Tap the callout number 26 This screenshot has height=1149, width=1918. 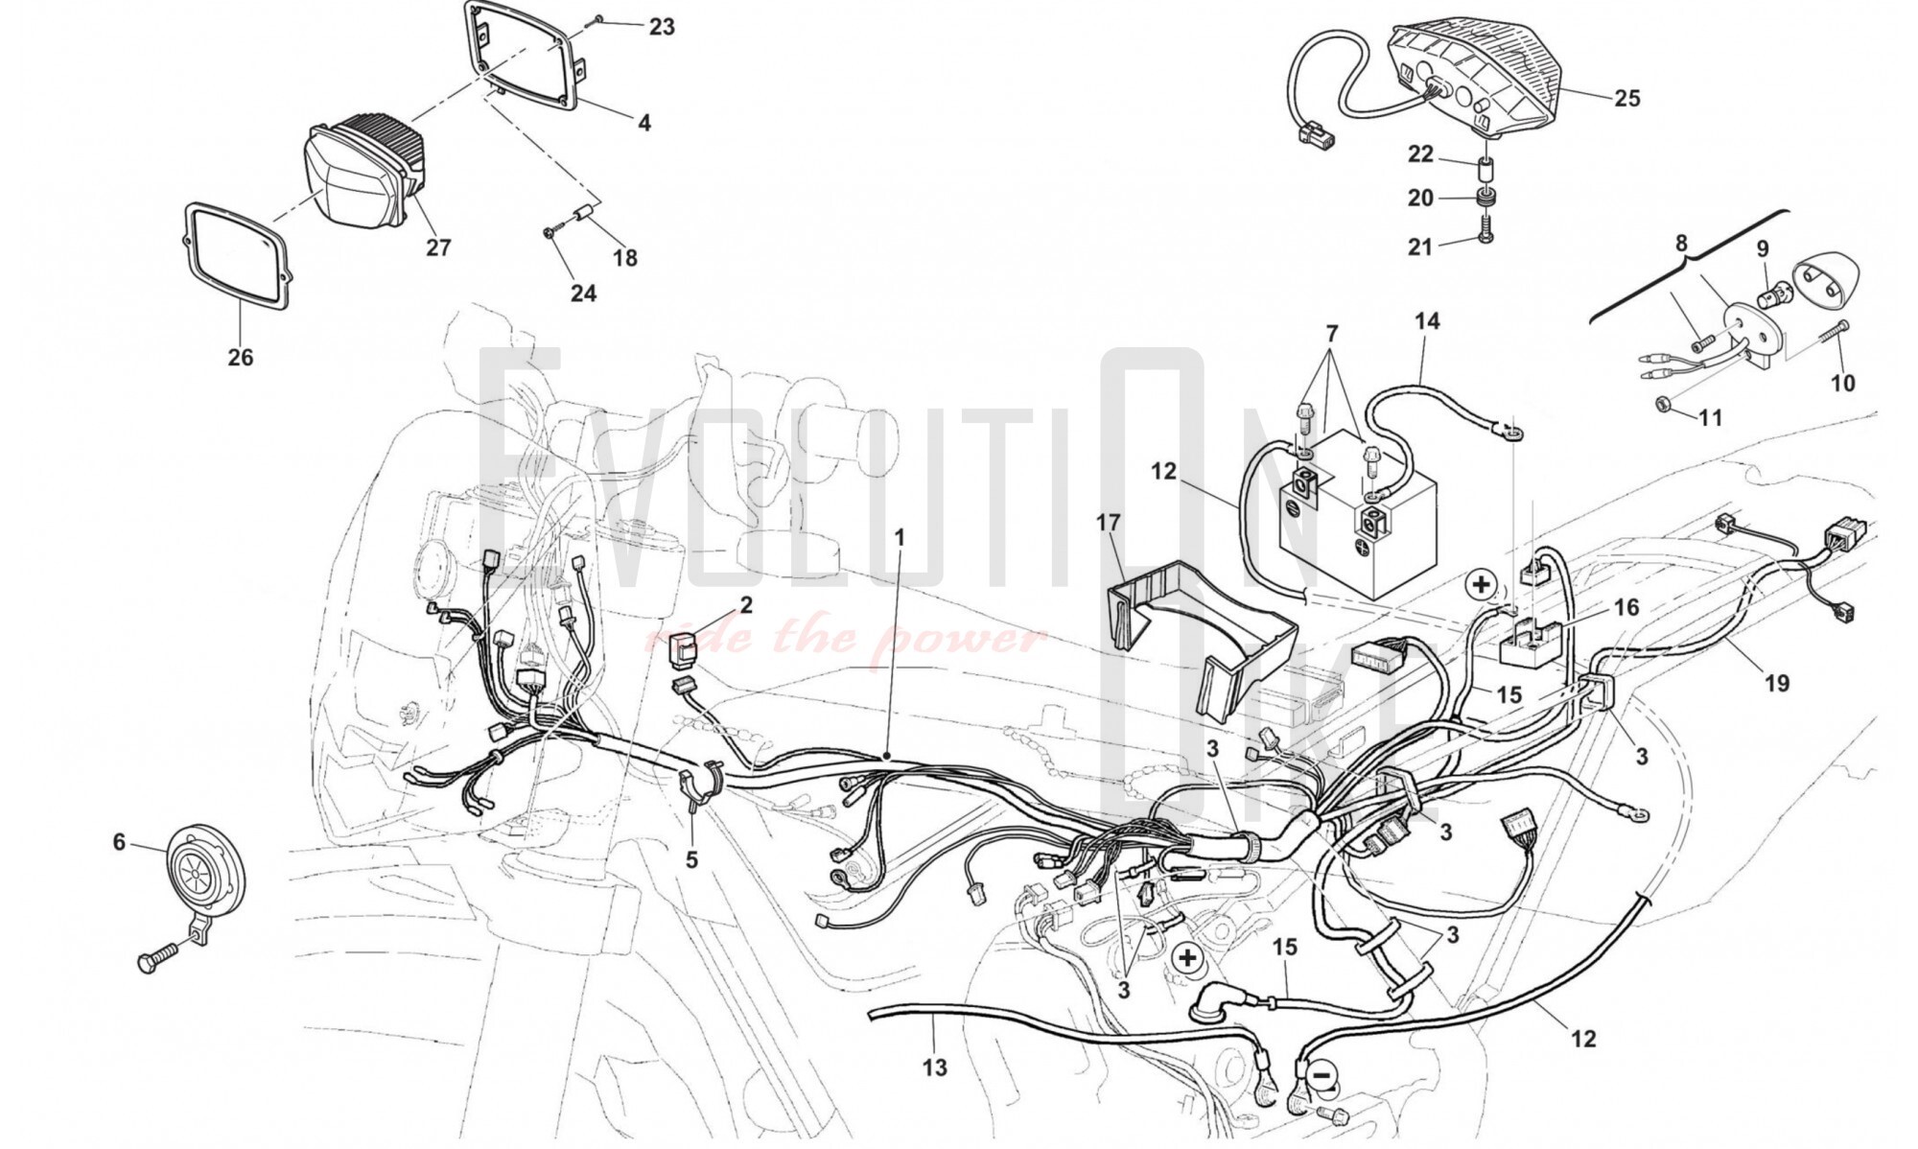tap(240, 358)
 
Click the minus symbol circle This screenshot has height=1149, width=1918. tap(1322, 1076)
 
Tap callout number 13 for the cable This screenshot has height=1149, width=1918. tap(935, 1067)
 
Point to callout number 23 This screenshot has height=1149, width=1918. tap(662, 27)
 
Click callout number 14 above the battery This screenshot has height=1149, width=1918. tap(1427, 321)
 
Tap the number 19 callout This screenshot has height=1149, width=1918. tap(1777, 683)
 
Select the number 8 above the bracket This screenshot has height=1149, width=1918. tap(1680, 244)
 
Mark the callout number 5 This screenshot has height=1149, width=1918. tap(691, 860)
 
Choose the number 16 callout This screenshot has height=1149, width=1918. tap(1626, 607)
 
